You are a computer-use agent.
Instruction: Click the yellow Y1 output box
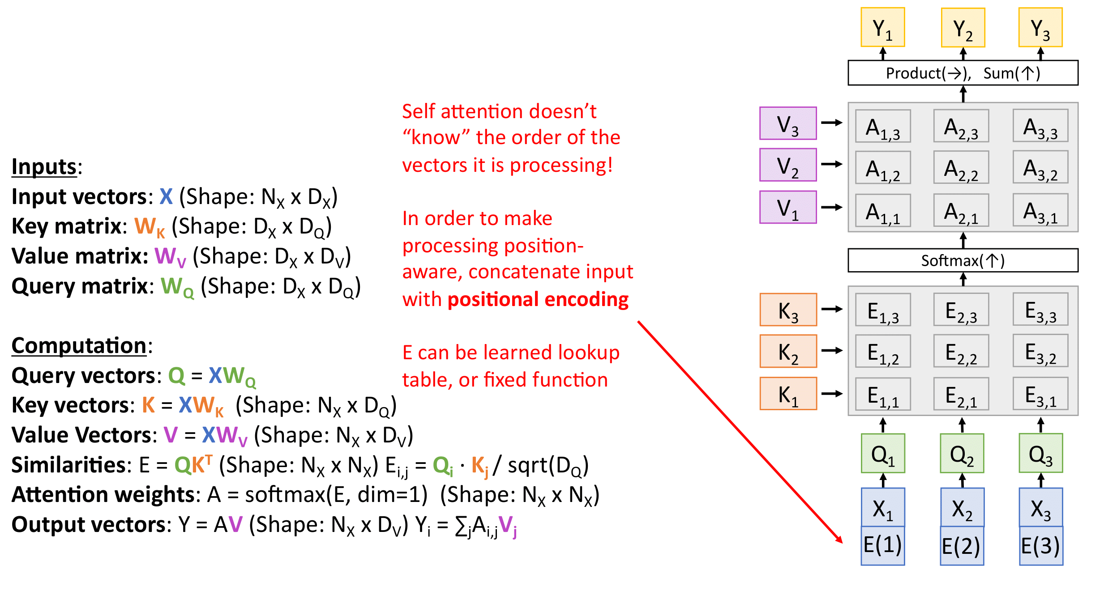click(x=882, y=27)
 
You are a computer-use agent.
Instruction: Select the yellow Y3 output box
click(x=1040, y=27)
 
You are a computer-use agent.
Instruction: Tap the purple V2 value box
click(x=788, y=165)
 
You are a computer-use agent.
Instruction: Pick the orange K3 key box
click(x=788, y=310)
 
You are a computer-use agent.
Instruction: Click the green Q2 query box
click(x=962, y=453)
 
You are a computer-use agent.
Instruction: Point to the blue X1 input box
click(x=883, y=507)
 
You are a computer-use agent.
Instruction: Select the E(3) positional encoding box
click(x=1041, y=546)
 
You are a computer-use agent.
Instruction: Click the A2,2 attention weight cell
click(x=961, y=167)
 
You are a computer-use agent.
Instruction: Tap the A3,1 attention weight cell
click(x=1040, y=210)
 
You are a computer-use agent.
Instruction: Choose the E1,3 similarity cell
click(x=882, y=310)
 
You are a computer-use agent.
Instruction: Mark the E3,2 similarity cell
click(x=1040, y=351)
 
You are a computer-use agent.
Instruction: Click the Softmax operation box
click(x=963, y=260)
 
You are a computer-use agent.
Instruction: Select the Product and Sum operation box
click(x=963, y=73)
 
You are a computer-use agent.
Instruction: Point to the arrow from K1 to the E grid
click(x=832, y=394)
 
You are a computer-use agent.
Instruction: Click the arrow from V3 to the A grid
click(x=832, y=123)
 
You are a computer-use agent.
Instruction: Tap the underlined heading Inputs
click(x=44, y=167)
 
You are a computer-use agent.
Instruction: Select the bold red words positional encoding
click(x=538, y=299)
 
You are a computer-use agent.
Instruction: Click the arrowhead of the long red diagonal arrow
click(x=840, y=540)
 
